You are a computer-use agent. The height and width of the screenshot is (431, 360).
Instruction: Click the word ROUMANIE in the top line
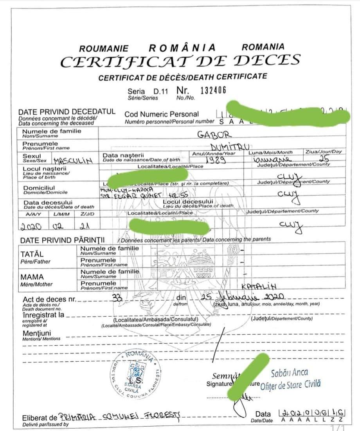pyautogui.click(x=104, y=49)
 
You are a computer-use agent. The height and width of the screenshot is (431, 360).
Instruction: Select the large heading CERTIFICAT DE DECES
pyautogui.click(x=180, y=61)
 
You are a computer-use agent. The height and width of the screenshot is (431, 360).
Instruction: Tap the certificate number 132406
pyautogui.click(x=213, y=90)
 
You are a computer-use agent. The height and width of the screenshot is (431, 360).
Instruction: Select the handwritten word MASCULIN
pyautogui.click(x=72, y=160)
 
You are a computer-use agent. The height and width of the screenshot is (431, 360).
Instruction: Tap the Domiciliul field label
pyautogui.click(x=39, y=188)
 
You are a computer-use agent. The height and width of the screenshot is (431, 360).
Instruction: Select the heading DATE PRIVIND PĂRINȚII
pyautogui.click(x=63, y=240)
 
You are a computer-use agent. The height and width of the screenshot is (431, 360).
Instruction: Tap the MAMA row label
pyautogui.click(x=32, y=277)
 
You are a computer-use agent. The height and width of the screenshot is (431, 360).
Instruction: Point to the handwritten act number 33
pyautogui.click(x=117, y=298)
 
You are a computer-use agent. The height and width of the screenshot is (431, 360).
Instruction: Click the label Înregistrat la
pyautogui.click(x=43, y=315)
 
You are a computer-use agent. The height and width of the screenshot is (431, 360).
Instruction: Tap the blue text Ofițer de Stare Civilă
pyautogui.click(x=290, y=385)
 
